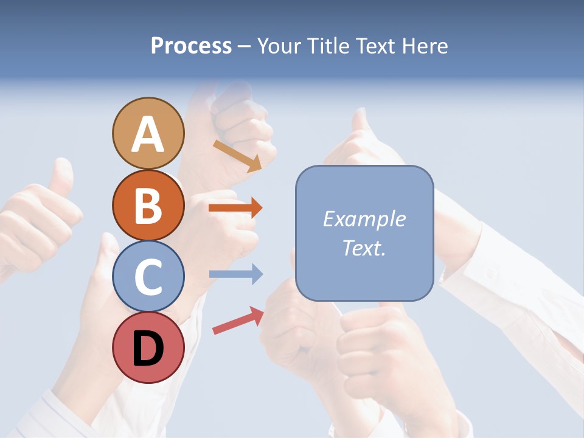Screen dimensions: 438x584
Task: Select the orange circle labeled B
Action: click(x=148, y=205)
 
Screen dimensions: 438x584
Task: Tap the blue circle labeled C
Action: click(x=148, y=277)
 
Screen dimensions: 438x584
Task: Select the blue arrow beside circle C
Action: click(x=235, y=274)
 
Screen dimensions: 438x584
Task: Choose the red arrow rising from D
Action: click(x=238, y=321)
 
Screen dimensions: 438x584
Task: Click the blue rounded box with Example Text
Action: click(x=364, y=233)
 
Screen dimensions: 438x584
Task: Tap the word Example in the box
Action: click(x=364, y=219)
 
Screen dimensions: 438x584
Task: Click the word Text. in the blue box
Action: click(x=364, y=248)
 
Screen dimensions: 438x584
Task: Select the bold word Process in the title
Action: click(x=191, y=46)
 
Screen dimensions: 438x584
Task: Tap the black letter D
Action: click(x=148, y=350)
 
